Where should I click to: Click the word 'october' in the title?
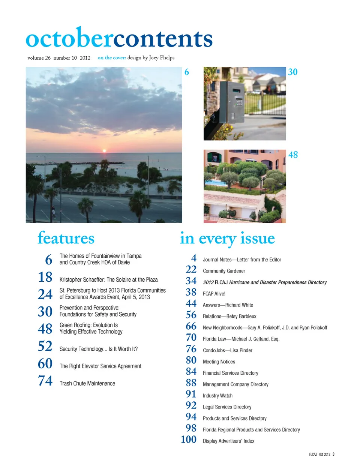pyautogui.click(x=69, y=39)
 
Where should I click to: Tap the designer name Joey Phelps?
pyautogui.click(x=162, y=58)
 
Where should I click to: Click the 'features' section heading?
pyautogui.click(x=66, y=238)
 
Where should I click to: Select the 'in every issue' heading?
pyautogui.click(x=227, y=239)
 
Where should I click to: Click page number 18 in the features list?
pyautogui.click(x=45, y=277)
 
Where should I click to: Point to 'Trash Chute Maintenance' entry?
pyautogui.click(x=87, y=383)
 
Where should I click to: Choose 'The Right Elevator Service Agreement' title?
pyautogui.click(x=100, y=366)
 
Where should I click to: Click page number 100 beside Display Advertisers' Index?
pyautogui.click(x=188, y=439)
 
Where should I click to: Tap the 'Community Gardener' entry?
pyautogui.click(x=224, y=271)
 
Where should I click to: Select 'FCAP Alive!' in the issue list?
pyautogui.click(x=214, y=294)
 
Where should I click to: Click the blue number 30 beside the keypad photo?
pyautogui.click(x=292, y=72)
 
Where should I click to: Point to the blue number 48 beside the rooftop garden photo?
pyautogui.click(x=293, y=155)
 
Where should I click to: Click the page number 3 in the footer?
pyautogui.click(x=333, y=454)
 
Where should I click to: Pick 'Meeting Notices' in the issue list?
pyautogui.click(x=219, y=362)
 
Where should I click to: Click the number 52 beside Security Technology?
pyautogui.click(x=45, y=346)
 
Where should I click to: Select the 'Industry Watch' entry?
pyautogui.click(x=217, y=396)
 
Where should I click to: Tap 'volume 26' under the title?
pyautogui.click(x=39, y=58)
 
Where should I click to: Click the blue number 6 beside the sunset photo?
pyautogui.click(x=187, y=72)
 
